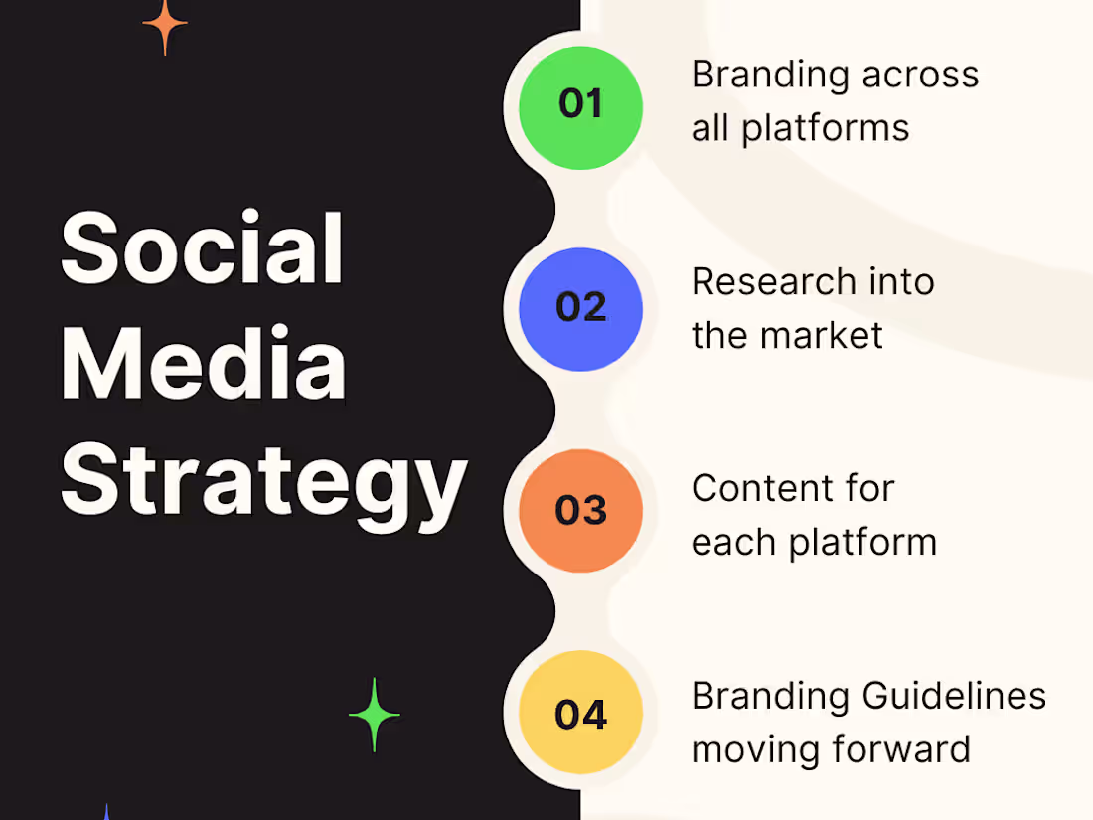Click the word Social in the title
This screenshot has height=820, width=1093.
[x=202, y=248]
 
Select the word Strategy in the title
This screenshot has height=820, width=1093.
[x=263, y=482]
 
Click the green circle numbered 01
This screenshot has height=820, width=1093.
[x=581, y=105]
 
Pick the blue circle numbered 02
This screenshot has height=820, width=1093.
[x=581, y=308]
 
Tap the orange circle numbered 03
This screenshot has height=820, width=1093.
[x=581, y=511]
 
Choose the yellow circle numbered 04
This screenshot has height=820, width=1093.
[x=581, y=714]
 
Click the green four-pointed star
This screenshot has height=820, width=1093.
[x=375, y=715]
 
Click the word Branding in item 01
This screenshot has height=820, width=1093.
[x=770, y=76]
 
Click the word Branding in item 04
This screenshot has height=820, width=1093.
[x=770, y=696]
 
